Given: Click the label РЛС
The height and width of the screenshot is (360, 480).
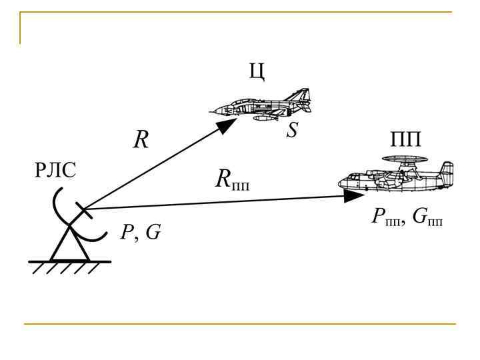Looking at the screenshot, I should coord(55,171).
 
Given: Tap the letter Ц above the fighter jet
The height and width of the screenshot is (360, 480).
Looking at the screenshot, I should coord(258,72).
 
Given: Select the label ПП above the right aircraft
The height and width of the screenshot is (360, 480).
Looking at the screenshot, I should coord(406,141).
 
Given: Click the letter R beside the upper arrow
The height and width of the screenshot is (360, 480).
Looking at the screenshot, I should coord(141,140).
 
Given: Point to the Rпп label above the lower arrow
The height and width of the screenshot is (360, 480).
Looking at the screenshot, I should coord(231,179).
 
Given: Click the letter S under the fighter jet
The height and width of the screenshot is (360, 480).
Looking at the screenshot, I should coord(292,131).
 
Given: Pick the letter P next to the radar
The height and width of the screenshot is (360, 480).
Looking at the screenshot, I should coord(126,233).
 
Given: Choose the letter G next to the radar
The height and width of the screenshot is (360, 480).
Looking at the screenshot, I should coord(153,233).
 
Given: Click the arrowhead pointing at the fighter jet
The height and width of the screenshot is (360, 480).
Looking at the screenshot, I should coord(228,126).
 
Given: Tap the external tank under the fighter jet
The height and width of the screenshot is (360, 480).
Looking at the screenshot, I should coord(265,118).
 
